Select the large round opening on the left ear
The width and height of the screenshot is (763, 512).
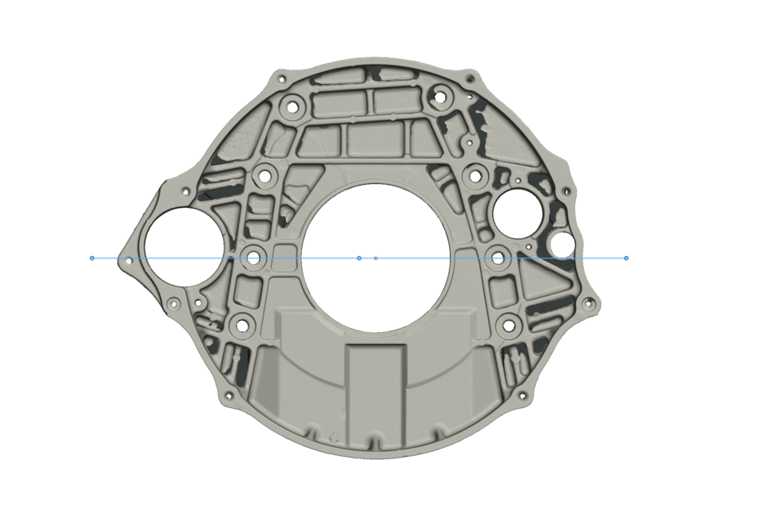click(182, 246)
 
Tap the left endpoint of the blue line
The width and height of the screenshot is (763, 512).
click(93, 258)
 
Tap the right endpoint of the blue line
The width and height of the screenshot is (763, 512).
click(626, 258)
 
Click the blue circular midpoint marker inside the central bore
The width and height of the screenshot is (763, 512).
click(359, 258)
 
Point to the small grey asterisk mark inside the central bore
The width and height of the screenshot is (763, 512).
click(376, 258)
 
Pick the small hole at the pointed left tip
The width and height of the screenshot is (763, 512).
click(129, 260)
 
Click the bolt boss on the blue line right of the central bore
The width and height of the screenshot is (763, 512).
click(498, 258)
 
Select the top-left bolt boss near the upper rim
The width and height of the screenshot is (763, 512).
click(292, 106)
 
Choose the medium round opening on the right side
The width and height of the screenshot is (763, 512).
click(518, 210)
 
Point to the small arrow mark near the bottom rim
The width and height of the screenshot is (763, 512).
click(333, 437)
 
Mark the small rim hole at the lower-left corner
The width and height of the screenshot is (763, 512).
click(229, 395)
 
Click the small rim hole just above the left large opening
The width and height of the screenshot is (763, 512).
click(186, 192)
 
